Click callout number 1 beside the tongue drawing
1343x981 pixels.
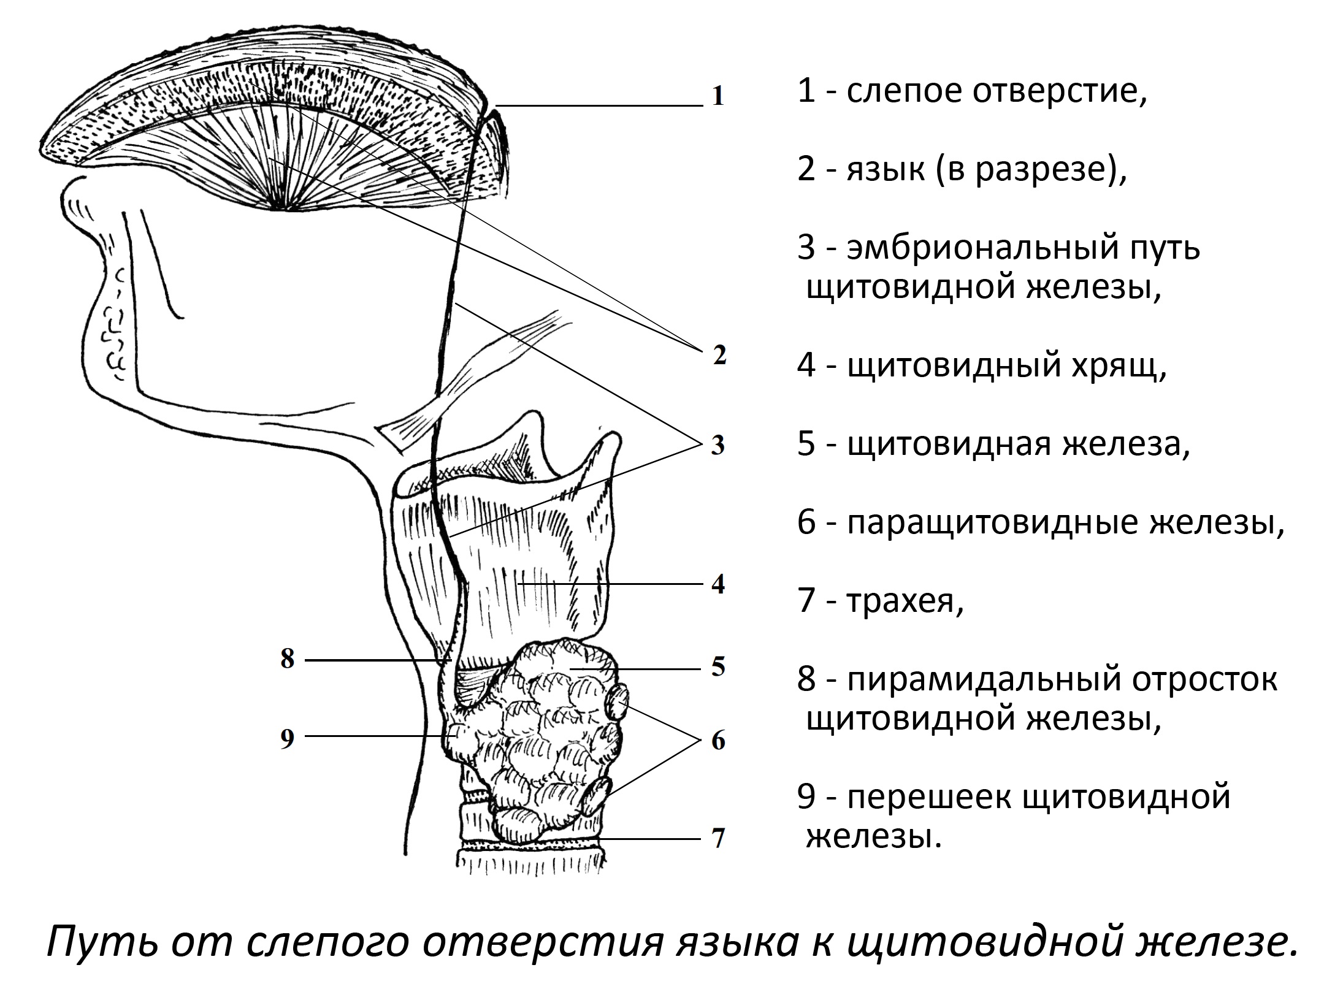click(718, 97)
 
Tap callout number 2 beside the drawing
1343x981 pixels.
click(719, 356)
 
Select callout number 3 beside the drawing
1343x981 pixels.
click(718, 445)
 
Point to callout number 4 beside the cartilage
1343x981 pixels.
click(718, 584)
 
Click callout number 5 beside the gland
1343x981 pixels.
click(718, 666)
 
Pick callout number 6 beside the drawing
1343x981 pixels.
click(718, 741)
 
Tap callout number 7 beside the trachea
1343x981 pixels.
click(718, 838)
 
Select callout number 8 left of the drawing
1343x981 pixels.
click(288, 659)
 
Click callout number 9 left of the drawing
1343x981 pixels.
click(288, 739)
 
